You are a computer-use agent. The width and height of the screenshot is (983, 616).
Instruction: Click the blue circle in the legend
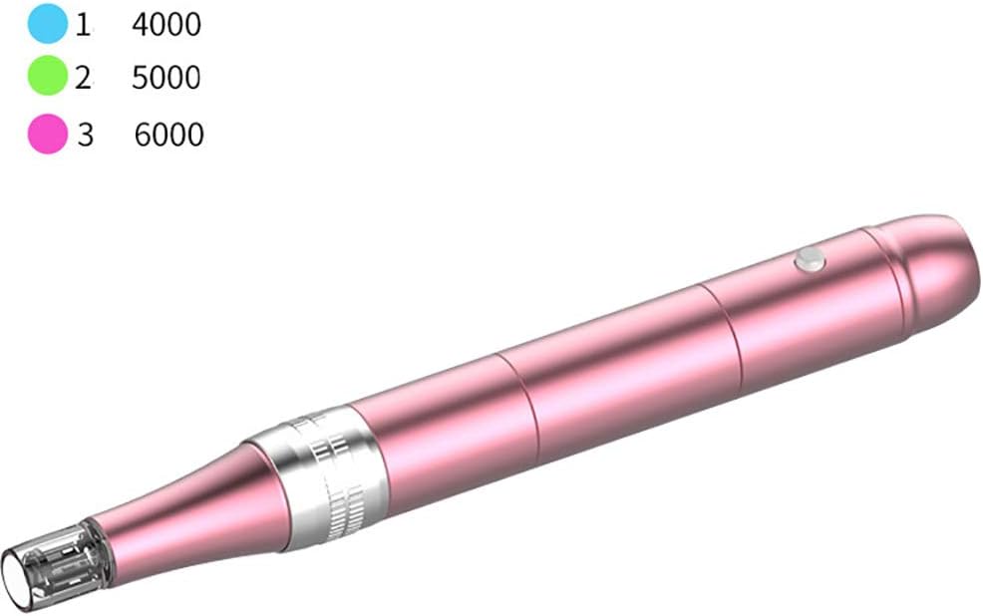click(x=47, y=23)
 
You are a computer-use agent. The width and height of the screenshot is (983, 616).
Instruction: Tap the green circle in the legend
click(x=47, y=76)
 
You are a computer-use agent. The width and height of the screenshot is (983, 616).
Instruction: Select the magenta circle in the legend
click(x=47, y=135)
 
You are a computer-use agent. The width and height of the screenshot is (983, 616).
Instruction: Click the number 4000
click(x=166, y=25)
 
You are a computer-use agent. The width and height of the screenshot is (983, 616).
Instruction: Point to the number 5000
click(x=166, y=78)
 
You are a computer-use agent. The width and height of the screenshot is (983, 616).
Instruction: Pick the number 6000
click(x=168, y=135)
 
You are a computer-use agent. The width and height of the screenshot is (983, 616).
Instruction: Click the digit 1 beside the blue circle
click(x=83, y=25)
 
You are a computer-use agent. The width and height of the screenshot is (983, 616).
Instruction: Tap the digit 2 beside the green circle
click(x=83, y=78)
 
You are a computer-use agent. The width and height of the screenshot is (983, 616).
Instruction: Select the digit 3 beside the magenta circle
click(x=85, y=135)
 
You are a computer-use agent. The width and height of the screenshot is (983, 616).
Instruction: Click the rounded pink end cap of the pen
click(x=925, y=271)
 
